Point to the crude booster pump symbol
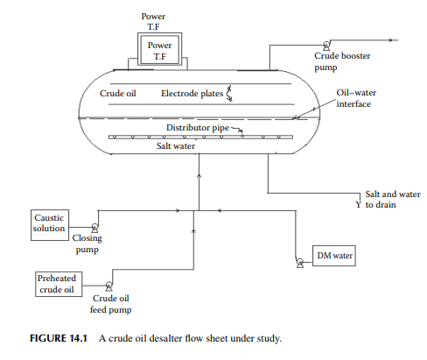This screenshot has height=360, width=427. (x=326, y=46)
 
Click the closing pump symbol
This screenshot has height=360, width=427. (x=94, y=228)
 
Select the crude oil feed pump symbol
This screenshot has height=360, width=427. (x=108, y=286)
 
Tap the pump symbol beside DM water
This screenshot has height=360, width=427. (x=300, y=263)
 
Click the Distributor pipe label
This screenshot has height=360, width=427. (x=198, y=128)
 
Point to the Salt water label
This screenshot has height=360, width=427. (x=176, y=145)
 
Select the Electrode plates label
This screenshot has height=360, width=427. (x=192, y=94)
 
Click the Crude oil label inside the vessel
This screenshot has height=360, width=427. (x=117, y=94)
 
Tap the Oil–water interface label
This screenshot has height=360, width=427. (x=356, y=98)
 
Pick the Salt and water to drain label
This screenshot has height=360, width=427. (x=393, y=199)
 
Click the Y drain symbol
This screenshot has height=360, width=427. (x=359, y=204)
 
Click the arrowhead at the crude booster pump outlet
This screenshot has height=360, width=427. (x=391, y=40)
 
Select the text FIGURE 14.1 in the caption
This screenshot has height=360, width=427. (x=59, y=338)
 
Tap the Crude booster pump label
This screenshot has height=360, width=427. (x=342, y=61)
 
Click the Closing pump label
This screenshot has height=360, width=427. (x=87, y=244)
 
